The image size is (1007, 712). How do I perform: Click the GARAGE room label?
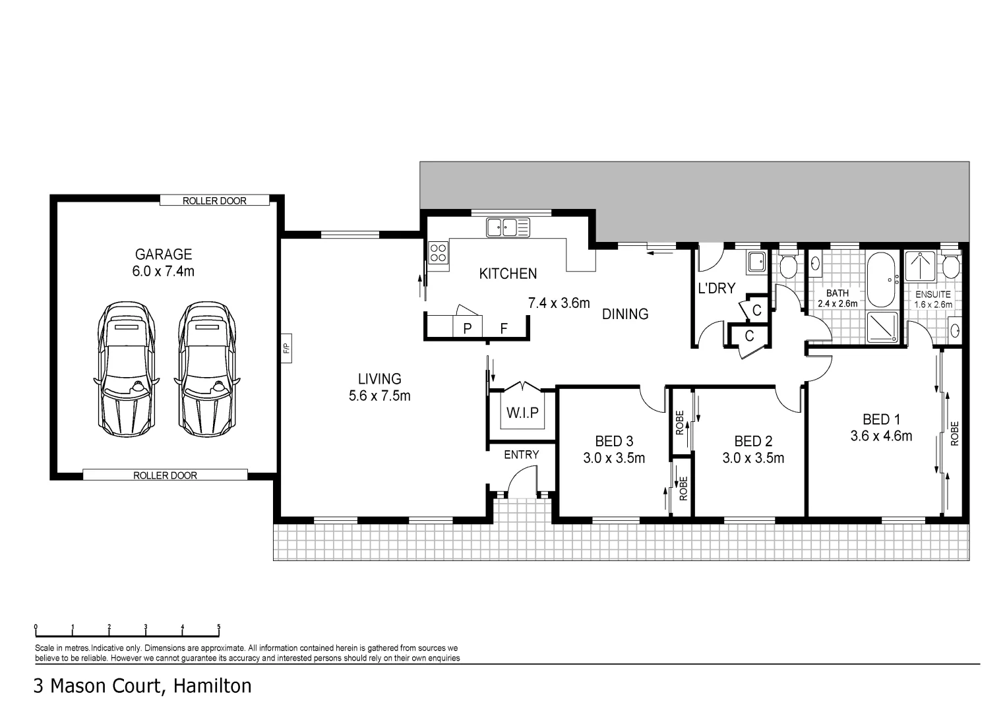tap(163, 254)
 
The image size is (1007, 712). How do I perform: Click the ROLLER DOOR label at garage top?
tap(214, 201)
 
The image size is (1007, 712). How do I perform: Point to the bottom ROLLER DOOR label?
tap(165, 475)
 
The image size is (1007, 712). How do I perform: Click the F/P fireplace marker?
tap(286, 349)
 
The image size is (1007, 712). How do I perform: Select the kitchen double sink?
tap(508, 227)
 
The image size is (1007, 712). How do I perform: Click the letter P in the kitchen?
tap(467, 328)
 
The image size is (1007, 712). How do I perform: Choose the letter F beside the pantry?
tap(503, 328)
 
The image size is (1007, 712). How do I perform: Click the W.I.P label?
tap(522, 413)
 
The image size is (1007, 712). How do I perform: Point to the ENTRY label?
tap(521, 455)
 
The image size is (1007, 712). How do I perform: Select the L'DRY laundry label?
tap(716, 288)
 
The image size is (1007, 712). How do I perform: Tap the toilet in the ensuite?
tap(950, 265)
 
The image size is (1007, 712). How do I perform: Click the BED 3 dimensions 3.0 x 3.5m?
tap(613, 458)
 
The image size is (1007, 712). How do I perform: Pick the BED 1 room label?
tap(881, 419)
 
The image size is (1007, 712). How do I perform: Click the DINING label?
tap(625, 314)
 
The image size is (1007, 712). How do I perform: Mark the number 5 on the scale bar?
tap(219, 628)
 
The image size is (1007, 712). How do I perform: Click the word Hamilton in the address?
tap(212, 686)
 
